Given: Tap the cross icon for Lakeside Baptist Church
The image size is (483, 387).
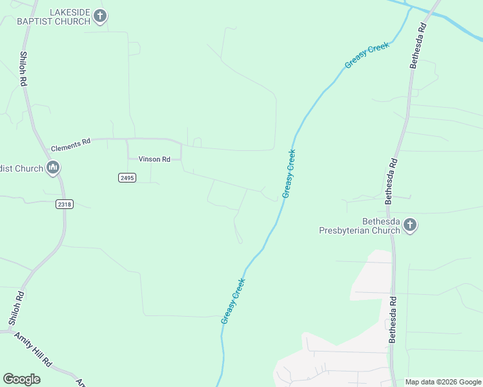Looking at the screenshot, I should click(99, 15).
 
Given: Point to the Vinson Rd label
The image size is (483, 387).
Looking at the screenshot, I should click(154, 159).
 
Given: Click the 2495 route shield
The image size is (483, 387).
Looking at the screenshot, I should click(127, 177).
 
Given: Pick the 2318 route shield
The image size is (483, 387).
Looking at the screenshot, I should click(64, 204).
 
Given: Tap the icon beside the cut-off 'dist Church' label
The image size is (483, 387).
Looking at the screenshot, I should click(53, 169).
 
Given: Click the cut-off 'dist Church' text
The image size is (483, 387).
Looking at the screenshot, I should click(21, 169).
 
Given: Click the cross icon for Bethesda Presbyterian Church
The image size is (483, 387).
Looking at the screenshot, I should click(409, 225).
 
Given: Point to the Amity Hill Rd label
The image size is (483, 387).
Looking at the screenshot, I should click(33, 352).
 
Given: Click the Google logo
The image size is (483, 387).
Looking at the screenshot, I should click(21, 379).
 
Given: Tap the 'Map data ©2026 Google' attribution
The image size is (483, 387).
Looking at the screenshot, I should click(443, 382).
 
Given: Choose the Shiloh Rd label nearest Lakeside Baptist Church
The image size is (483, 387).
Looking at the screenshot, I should click(23, 69).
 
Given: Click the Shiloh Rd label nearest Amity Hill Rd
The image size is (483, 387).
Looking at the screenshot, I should click(16, 308).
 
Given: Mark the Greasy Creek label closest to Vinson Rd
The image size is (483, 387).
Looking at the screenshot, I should click(289, 174).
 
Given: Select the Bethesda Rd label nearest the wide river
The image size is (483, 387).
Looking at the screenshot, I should click(417, 46).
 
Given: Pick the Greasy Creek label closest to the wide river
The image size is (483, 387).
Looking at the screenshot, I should click(367, 55).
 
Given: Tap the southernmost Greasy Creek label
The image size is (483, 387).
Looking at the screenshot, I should click(233, 301).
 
